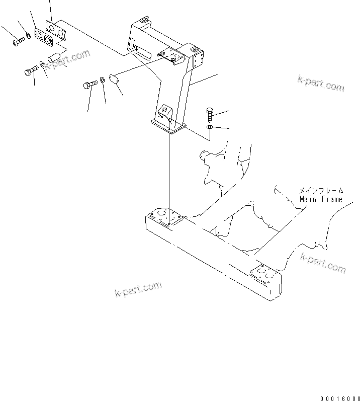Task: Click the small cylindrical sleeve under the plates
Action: [x=54, y=56]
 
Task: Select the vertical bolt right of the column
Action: [x=210, y=115]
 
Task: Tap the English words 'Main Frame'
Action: [x=321, y=199]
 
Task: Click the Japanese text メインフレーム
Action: [x=321, y=191]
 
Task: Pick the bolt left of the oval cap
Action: [x=91, y=85]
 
